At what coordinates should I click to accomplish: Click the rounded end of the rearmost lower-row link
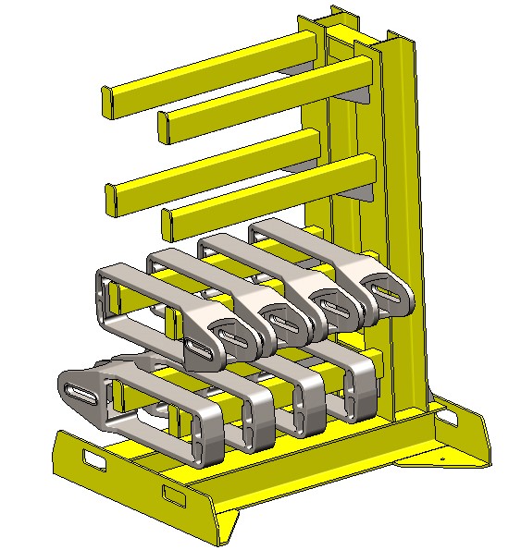363,388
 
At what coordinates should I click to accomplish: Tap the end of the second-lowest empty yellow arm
109,200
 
